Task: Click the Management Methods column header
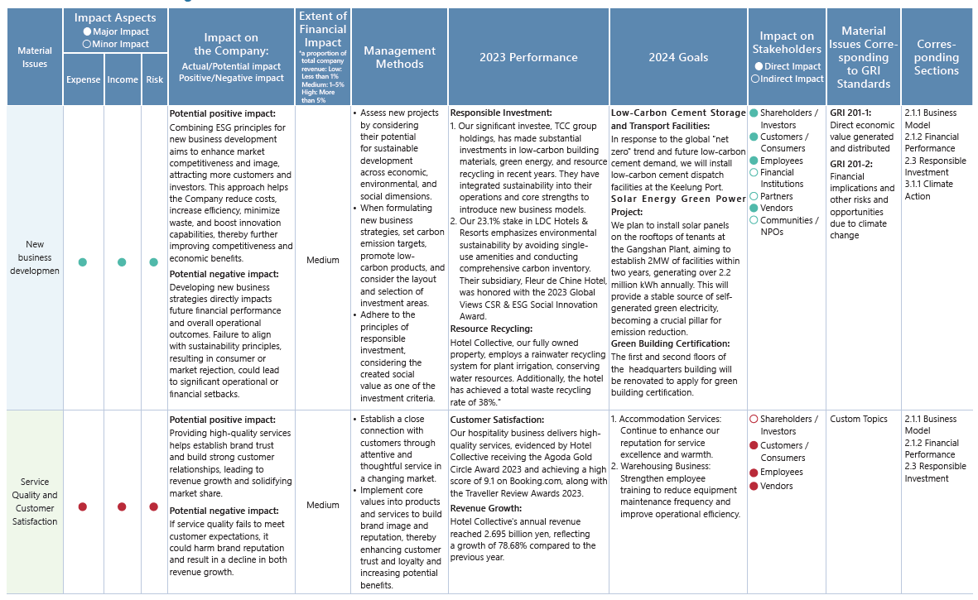click(x=399, y=57)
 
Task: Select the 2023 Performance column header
click(x=528, y=57)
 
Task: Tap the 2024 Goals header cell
click(x=678, y=57)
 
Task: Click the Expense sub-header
click(x=83, y=79)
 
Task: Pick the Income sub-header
click(x=123, y=79)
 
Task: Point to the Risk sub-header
click(x=154, y=79)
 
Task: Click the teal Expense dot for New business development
click(x=83, y=262)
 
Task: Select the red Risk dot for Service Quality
click(x=154, y=506)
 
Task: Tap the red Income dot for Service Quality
click(x=122, y=506)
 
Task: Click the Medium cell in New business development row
click(x=323, y=260)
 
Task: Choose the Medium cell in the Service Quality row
click(x=323, y=505)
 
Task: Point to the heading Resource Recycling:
click(x=490, y=329)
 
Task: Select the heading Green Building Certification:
click(x=670, y=343)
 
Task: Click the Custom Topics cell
click(x=858, y=420)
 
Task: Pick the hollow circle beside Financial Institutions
click(x=754, y=173)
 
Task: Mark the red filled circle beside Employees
click(x=754, y=473)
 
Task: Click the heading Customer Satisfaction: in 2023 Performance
click(x=497, y=420)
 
